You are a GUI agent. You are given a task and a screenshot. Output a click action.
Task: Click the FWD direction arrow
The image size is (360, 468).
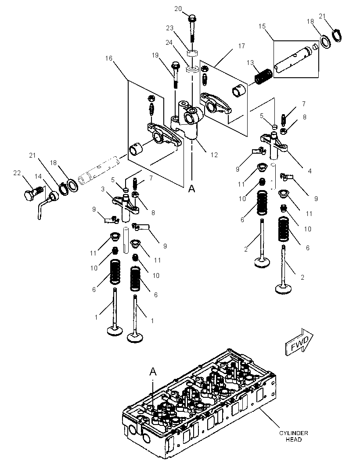(x=299, y=342)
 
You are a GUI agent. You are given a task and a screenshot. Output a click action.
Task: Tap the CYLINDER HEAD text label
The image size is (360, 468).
(x=293, y=436)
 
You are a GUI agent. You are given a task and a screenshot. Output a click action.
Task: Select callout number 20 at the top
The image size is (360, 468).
(x=178, y=9)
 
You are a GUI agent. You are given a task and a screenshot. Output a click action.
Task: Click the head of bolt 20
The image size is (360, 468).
(x=191, y=18)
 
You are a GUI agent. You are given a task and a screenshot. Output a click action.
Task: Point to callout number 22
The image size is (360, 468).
(x=17, y=173)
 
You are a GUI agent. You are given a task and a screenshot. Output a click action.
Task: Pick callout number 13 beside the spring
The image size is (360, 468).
(x=250, y=63)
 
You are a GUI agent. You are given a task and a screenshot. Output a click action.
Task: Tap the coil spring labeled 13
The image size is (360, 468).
(x=263, y=76)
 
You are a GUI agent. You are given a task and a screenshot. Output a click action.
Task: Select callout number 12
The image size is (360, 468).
(x=214, y=155)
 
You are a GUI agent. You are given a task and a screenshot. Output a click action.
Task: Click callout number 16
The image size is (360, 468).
(x=108, y=58)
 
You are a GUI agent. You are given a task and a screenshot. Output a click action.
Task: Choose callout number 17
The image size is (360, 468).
(x=241, y=46)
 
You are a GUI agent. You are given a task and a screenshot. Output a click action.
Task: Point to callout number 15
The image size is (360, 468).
(x=262, y=26)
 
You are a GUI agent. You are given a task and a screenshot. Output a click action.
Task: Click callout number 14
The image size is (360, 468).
(x=38, y=176)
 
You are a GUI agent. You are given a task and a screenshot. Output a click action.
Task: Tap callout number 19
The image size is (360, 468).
(x=155, y=55)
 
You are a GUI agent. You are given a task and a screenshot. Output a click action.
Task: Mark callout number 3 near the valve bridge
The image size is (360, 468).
(x=103, y=189)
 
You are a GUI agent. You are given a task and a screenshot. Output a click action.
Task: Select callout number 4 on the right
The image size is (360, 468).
(x=310, y=171)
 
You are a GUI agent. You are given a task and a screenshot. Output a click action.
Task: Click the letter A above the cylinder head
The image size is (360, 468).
(x=153, y=371)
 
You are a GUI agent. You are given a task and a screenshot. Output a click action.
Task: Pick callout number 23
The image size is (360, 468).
(x=169, y=28)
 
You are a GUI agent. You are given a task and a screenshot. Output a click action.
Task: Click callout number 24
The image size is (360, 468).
(x=169, y=43)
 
